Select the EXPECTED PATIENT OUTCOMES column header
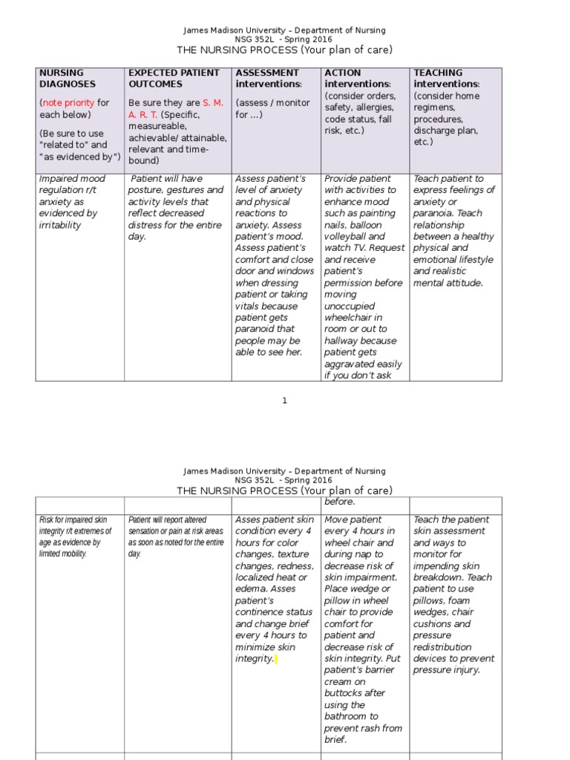coord(174,78)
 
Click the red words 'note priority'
coord(68,103)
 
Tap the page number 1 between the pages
coord(284,401)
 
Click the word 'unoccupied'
coord(350,306)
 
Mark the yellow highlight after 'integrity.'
coord(276,659)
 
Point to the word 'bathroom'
coord(351,716)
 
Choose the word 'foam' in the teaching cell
coord(463,612)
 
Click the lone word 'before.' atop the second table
coord(341,502)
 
